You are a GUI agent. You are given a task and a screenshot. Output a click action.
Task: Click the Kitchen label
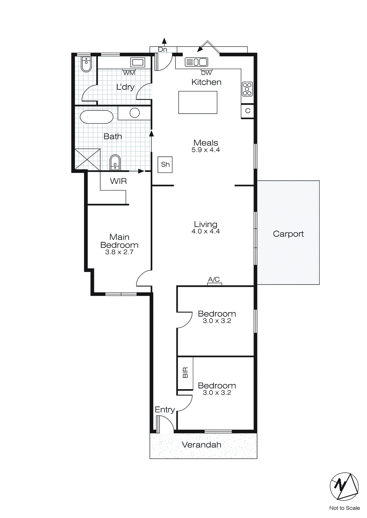pyautogui.click(x=206, y=82)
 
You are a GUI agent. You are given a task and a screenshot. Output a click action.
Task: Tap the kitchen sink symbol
pyautogui.click(x=196, y=62)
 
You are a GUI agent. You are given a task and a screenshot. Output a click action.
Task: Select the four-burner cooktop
pyautogui.click(x=247, y=89)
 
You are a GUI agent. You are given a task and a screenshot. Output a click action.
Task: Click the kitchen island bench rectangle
pyautogui.click(x=198, y=102)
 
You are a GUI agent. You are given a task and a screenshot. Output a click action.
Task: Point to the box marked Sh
pyautogui.click(x=165, y=164)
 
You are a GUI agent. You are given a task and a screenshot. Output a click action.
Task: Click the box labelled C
pyautogui.click(x=247, y=111)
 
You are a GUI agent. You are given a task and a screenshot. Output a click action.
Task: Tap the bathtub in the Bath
pyautogui.click(x=96, y=117)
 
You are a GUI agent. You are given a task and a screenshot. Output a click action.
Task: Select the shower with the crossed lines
pyautogui.click(x=88, y=159)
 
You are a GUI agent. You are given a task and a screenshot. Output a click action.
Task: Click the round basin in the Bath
pyautogui.click(x=135, y=113)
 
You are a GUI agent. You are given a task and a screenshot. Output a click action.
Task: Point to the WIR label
pyautogui.click(x=118, y=181)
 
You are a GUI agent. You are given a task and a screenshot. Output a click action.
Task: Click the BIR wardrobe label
pyautogui.click(x=185, y=373)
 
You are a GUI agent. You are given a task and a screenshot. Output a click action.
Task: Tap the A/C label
pyautogui.click(x=214, y=279)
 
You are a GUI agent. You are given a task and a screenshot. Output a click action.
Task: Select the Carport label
pyautogui.click(x=288, y=234)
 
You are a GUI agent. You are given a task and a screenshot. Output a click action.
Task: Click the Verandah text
pyautogui.click(x=201, y=445)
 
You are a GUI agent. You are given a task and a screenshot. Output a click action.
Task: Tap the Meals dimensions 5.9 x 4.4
pyautogui.click(x=206, y=150)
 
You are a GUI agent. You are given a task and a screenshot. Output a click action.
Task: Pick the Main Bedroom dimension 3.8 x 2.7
pyautogui.click(x=119, y=252)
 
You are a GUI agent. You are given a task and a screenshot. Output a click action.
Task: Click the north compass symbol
pyautogui.click(x=344, y=486)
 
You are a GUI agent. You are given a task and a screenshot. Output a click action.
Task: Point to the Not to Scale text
pyautogui.click(x=344, y=508)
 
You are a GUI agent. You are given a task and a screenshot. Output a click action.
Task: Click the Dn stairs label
pyautogui.click(x=162, y=50)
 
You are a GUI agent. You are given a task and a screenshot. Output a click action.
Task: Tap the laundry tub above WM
pyautogui.click(x=138, y=62)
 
